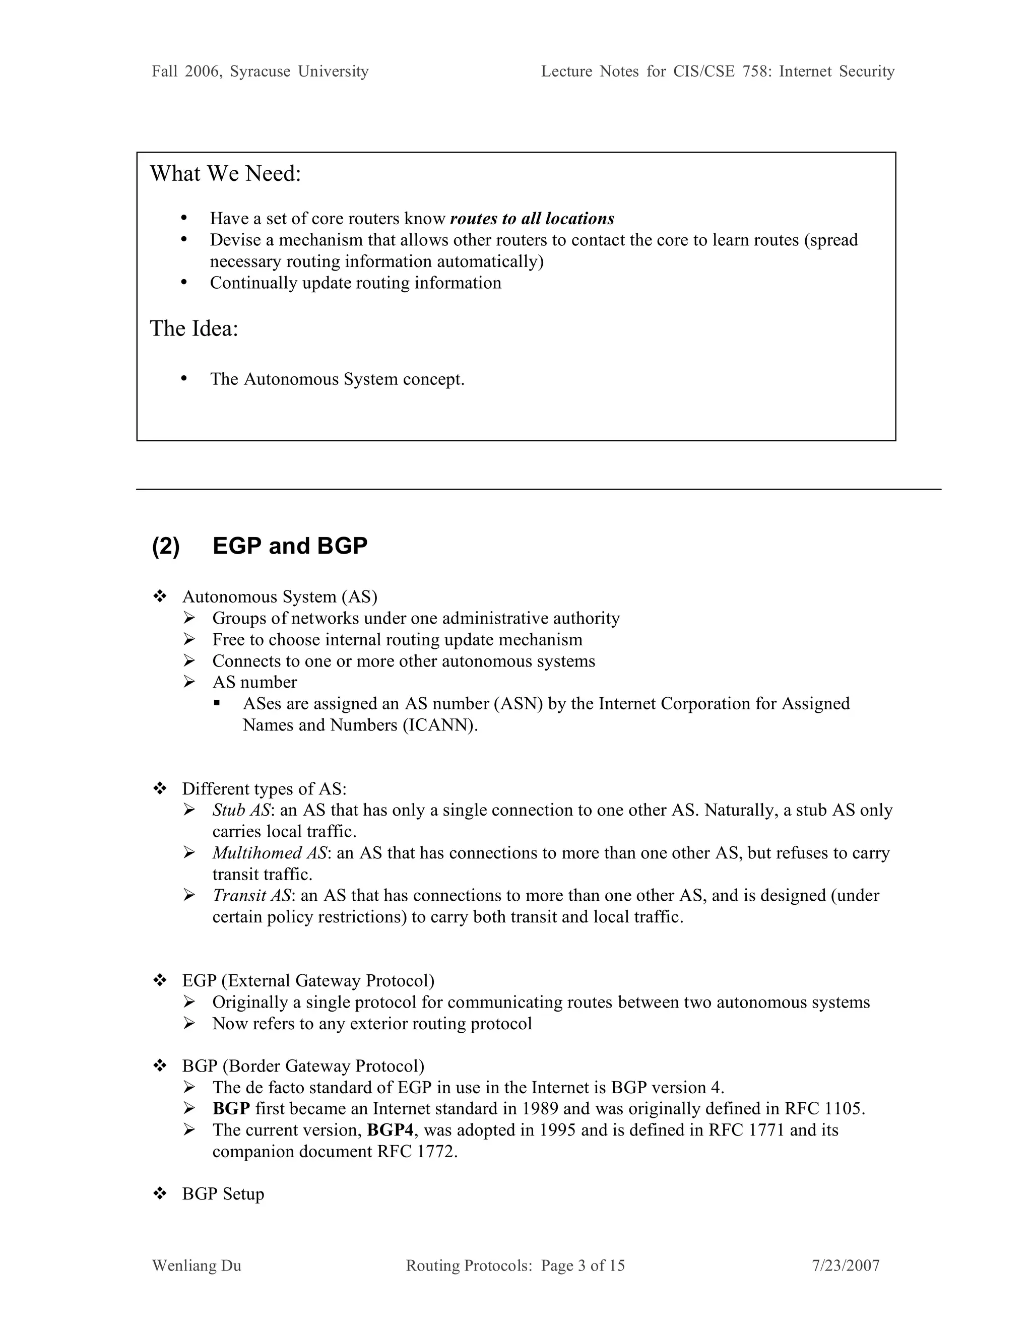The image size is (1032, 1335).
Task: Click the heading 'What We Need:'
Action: (226, 174)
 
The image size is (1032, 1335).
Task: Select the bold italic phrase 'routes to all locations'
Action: (532, 219)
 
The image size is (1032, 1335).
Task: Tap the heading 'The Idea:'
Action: (194, 329)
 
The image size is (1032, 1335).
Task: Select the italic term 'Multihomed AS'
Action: (270, 853)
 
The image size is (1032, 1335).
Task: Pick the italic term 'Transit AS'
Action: (252, 896)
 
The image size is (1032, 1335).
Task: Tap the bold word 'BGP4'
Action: (390, 1130)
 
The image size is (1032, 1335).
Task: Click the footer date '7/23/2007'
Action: (846, 1265)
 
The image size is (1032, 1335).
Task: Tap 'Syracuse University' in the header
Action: (299, 72)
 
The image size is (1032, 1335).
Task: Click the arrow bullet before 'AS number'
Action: (189, 682)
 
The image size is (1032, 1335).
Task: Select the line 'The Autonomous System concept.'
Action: (337, 380)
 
